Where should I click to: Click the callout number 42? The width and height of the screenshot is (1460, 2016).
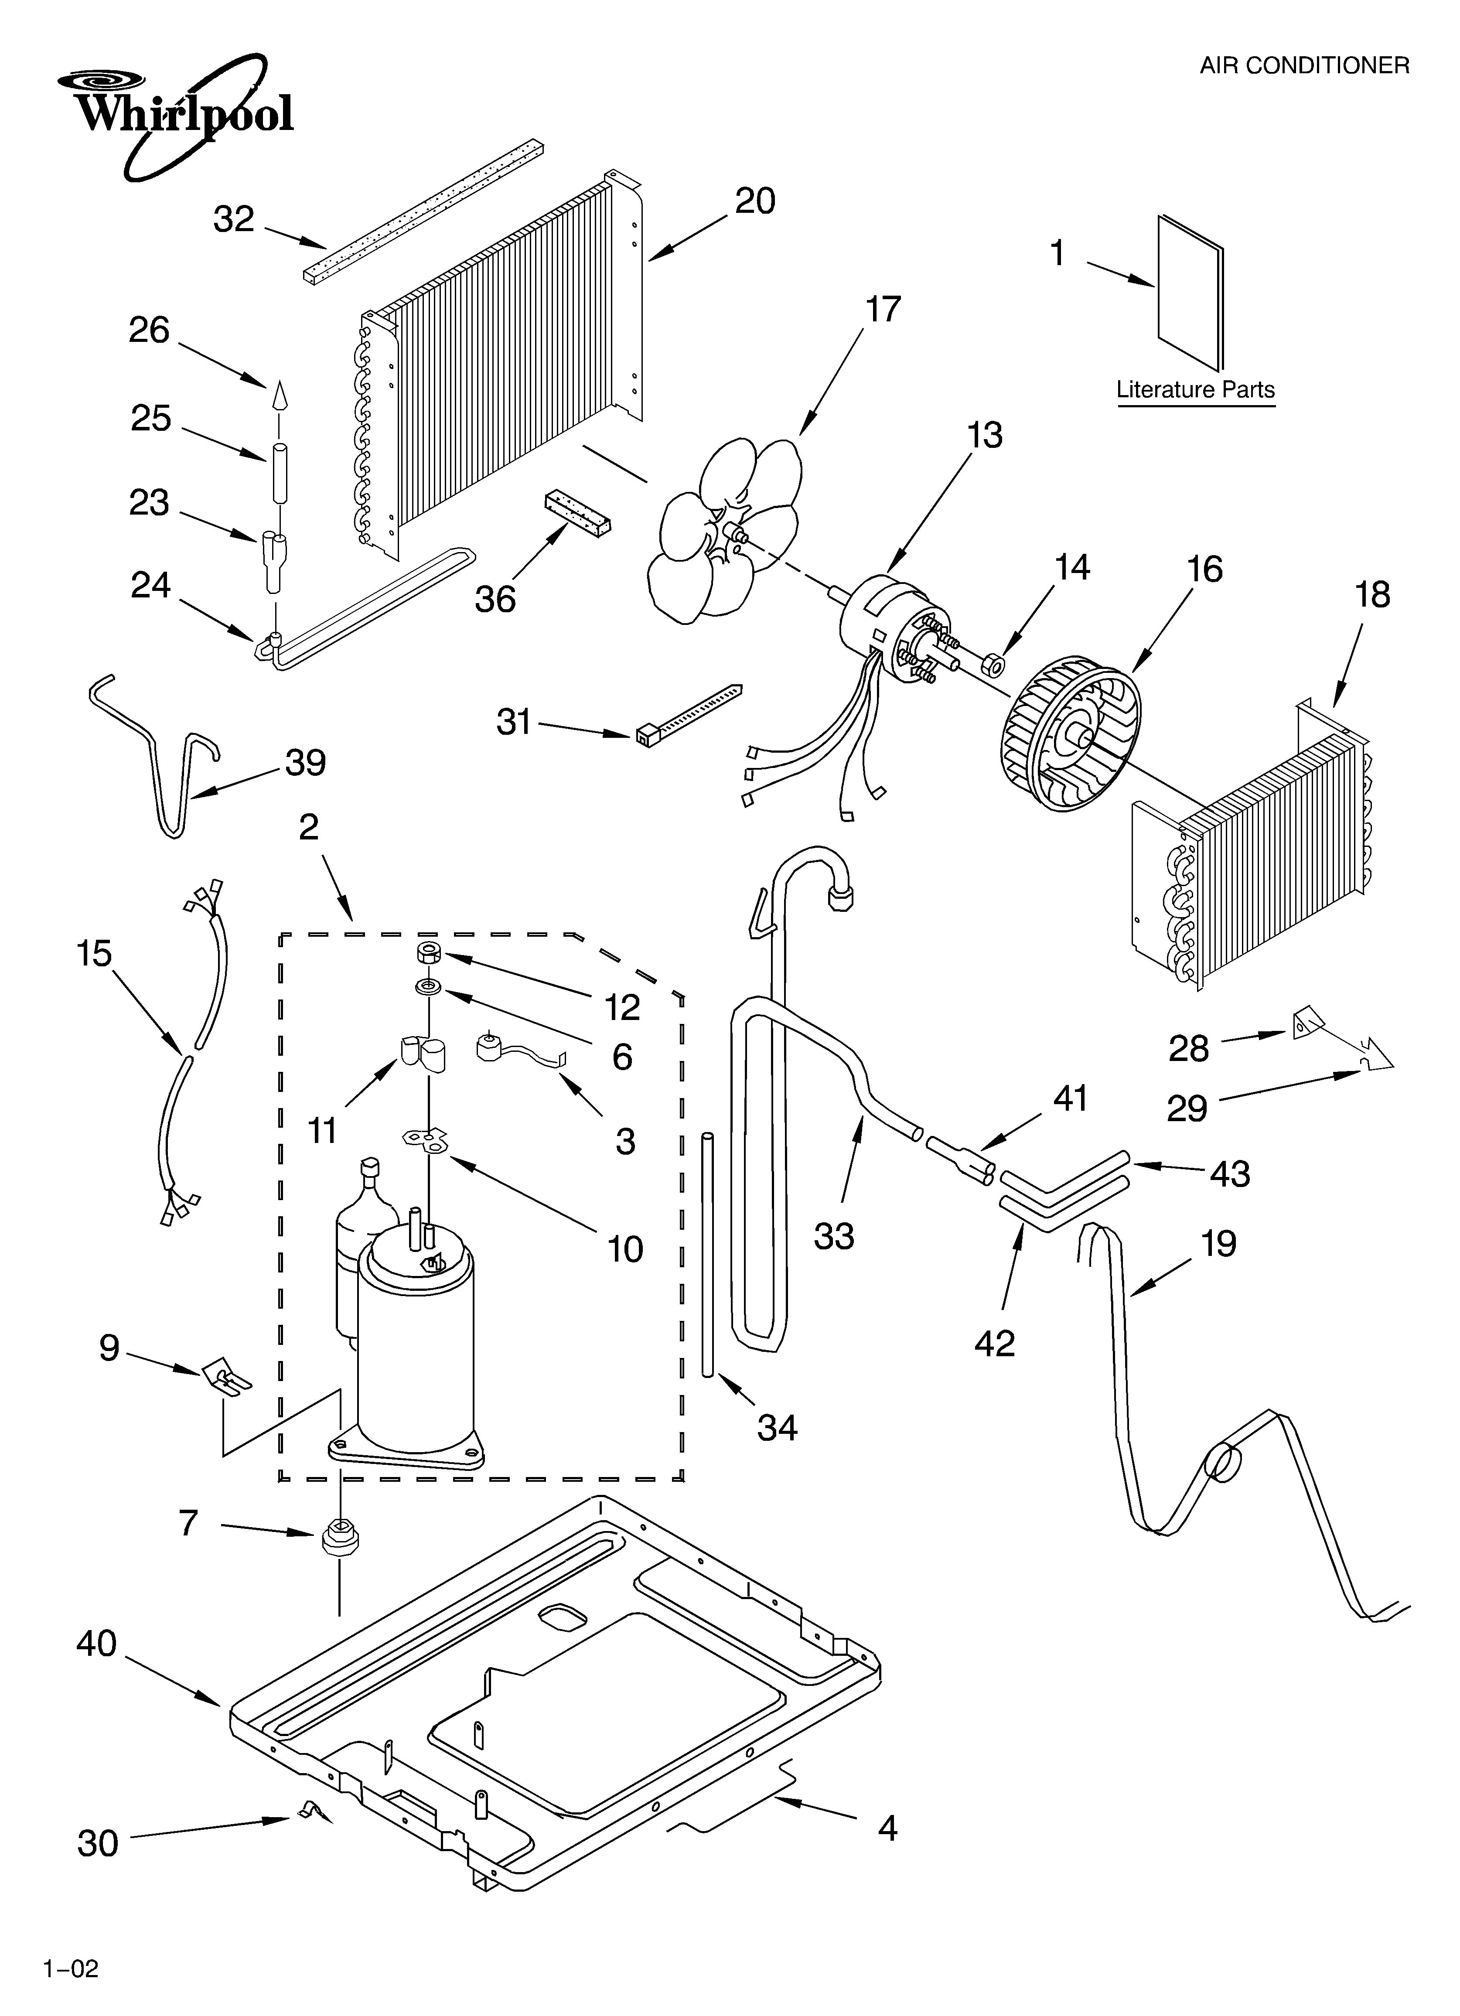pyautogui.click(x=994, y=1343)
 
